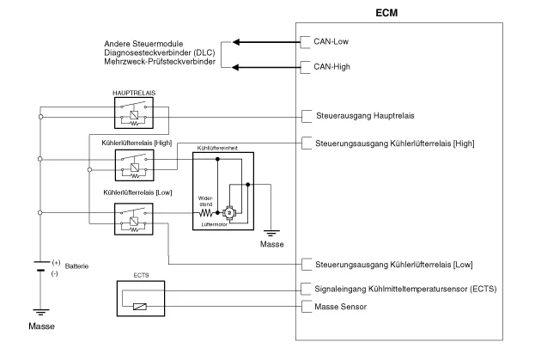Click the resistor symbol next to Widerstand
[207, 211]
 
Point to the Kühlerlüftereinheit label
[220, 148]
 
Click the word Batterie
[77, 266]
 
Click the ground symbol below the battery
[40, 314]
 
